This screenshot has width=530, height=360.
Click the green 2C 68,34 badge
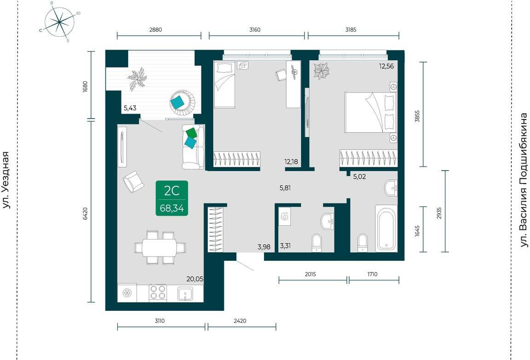172,198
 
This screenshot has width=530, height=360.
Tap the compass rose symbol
59,22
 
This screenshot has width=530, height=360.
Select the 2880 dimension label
156,30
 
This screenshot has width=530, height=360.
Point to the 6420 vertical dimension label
85,214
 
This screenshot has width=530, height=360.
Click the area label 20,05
195,279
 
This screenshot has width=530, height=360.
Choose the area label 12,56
386,66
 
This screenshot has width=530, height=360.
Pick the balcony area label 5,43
130,108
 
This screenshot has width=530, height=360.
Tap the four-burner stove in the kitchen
157,292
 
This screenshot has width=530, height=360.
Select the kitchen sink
185,293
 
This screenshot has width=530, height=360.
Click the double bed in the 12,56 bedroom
370,113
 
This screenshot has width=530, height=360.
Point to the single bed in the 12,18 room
225,85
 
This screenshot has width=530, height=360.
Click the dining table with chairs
160,247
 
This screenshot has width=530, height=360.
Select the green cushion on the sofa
191,132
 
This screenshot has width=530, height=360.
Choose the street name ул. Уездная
6,180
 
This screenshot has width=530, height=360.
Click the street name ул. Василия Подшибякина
524,180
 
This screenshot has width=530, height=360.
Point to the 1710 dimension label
372,274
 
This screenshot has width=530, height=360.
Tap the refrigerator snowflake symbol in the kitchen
127,293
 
